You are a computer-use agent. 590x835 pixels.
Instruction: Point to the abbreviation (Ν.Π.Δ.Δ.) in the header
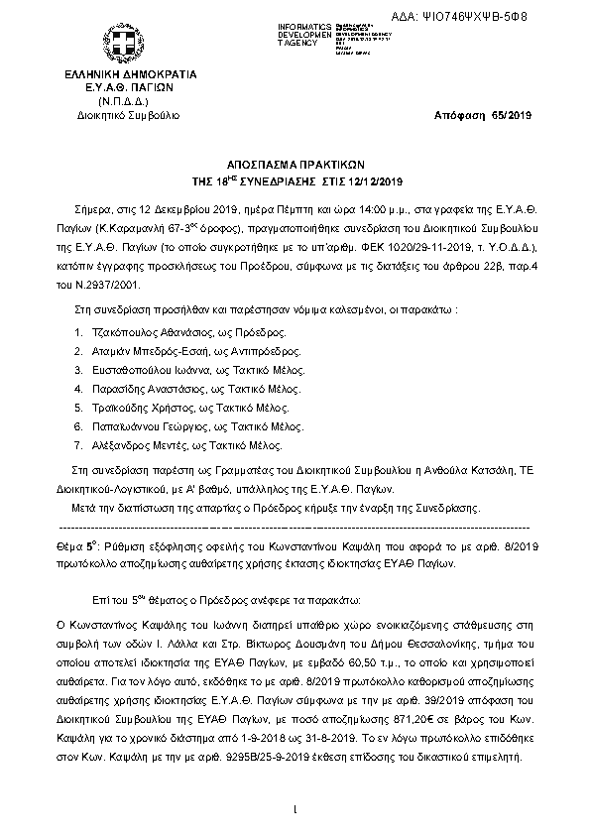pyautogui.click(x=123, y=101)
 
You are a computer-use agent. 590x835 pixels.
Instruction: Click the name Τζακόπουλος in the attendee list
pyautogui.click(x=125, y=334)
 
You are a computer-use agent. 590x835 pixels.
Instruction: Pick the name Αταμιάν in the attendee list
pyautogui.click(x=113, y=352)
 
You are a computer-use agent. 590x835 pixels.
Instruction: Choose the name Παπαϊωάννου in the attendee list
pyautogui.click(x=128, y=426)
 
